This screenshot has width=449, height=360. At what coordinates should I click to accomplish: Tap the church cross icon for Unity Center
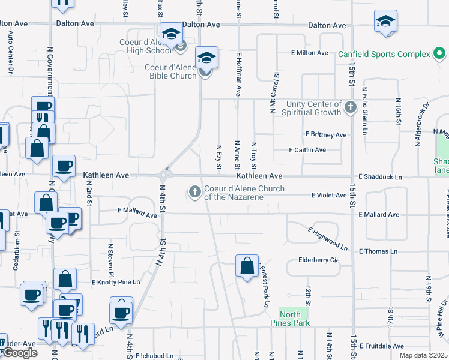tap(351, 109)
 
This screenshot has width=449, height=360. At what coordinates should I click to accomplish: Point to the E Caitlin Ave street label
tap(307, 150)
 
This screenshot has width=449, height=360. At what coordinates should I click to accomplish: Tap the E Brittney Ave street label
tap(326, 134)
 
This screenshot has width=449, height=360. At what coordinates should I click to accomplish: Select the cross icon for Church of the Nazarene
tap(194, 192)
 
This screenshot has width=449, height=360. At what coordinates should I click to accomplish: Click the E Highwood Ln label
tap(328, 238)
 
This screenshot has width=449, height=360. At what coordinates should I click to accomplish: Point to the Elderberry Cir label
tap(319, 260)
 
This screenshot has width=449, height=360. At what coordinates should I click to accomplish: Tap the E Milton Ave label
tap(310, 53)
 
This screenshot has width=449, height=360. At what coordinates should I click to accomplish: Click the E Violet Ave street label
tap(329, 195)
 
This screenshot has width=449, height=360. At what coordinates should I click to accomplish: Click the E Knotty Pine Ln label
tap(116, 282)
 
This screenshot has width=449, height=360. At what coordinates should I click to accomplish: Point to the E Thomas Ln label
tap(378, 251)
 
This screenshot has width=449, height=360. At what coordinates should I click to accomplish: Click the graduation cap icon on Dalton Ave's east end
tap(385, 22)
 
